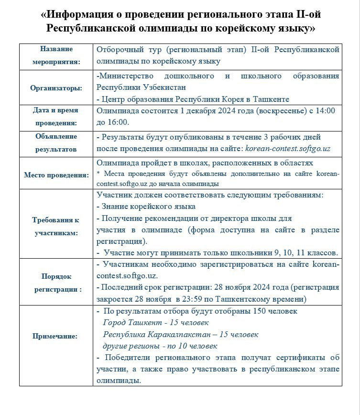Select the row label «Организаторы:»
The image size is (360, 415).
tap(56, 88)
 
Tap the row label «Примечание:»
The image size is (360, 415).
tap(55, 336)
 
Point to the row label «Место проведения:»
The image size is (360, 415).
tap(56, 175)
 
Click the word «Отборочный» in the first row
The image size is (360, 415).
tap(121, 50)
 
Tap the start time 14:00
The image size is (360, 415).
tap(325, 110)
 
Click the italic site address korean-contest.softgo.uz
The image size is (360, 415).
tap(287, 149)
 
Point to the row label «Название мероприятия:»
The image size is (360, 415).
tap(56, 55)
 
